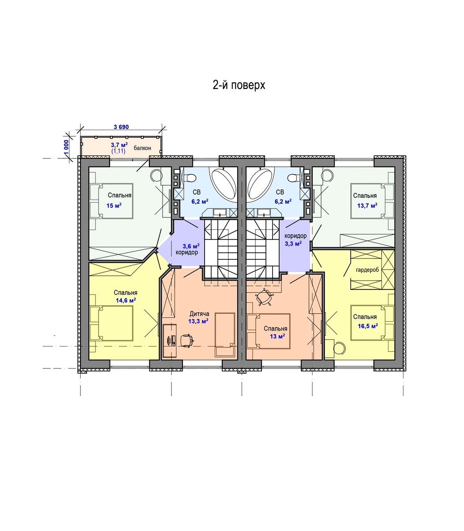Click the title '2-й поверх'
239,85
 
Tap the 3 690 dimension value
121,127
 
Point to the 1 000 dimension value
66,147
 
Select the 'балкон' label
142,148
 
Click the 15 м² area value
114,206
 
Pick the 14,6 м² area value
126,300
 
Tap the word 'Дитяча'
199,314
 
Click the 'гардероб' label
367,270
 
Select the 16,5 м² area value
368,326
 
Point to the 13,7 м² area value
367,206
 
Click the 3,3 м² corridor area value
293,243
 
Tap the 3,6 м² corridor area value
191,246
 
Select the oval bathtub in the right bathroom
261,184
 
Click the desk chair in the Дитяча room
186,340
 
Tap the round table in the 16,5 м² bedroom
340,348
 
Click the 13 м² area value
278,336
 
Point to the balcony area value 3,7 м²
119,145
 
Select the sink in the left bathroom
220,212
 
